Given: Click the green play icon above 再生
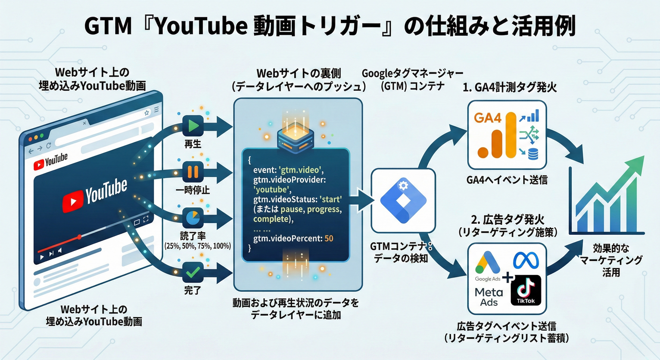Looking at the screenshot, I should tap(193, 126).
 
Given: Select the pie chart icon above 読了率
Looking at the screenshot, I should tap(193, 218).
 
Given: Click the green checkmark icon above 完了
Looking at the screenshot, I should tap(193, 272).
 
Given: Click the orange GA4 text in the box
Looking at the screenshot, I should tap(487, 118).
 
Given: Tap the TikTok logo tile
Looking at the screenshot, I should tap(526, 290).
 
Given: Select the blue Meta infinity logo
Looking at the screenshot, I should tap(526, 261).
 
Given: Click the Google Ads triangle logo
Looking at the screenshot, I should tap(487, 263).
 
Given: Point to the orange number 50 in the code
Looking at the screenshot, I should tap(329, 239).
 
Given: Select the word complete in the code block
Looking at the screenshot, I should tap(271, 219).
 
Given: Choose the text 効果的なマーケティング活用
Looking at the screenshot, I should tap(611, 260).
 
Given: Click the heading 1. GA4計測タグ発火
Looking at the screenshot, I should tap(510, 88).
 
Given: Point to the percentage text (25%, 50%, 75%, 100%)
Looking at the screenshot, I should tap(198, 246).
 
